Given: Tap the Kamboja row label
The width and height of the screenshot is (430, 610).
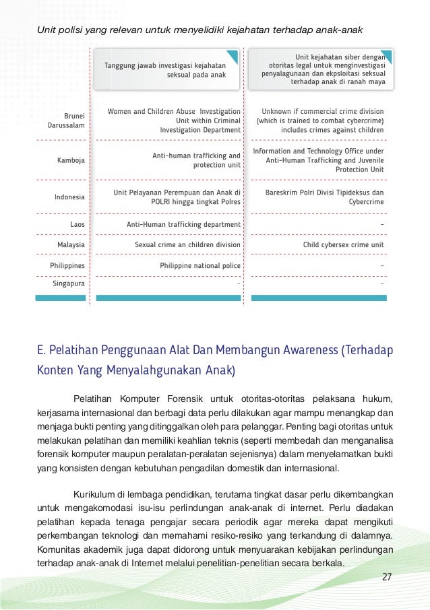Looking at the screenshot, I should tap(71, 160).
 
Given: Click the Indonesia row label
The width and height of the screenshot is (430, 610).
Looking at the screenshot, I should tap(69, 197).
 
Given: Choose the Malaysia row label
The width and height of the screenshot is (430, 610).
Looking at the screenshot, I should tap(71, 245).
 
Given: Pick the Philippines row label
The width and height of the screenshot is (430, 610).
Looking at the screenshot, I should tap(67, 266).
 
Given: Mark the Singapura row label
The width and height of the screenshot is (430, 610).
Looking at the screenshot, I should tap(69, 284).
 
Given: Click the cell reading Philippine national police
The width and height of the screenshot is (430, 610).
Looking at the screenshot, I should tap(199, 266).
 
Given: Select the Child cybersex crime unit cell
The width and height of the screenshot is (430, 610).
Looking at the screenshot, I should tap(343, 245).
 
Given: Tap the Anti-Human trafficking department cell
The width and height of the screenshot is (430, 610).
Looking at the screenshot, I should tap(183, 224).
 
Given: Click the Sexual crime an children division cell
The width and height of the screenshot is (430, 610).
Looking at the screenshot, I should tap(187, 245).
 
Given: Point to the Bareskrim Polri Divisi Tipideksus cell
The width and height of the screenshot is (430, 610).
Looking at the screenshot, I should tap(325, 197).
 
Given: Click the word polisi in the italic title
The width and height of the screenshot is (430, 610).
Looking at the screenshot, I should tap(69, 30).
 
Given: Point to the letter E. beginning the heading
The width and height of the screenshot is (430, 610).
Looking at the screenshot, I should tap(41, 351).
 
